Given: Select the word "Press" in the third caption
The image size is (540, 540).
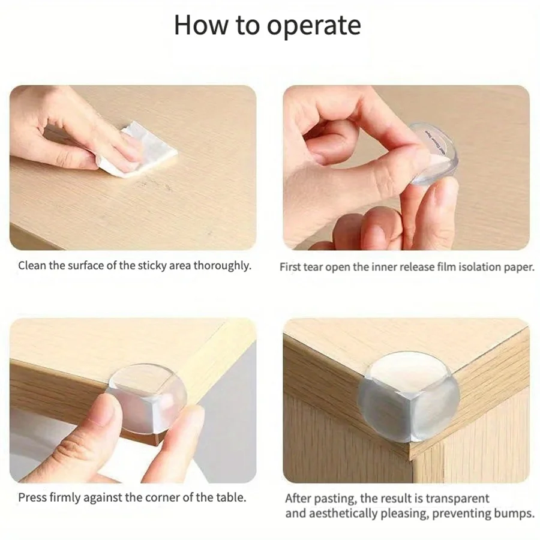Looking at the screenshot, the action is tap(32, 497).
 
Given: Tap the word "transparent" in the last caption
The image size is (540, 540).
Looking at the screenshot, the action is tap(457, 499).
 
